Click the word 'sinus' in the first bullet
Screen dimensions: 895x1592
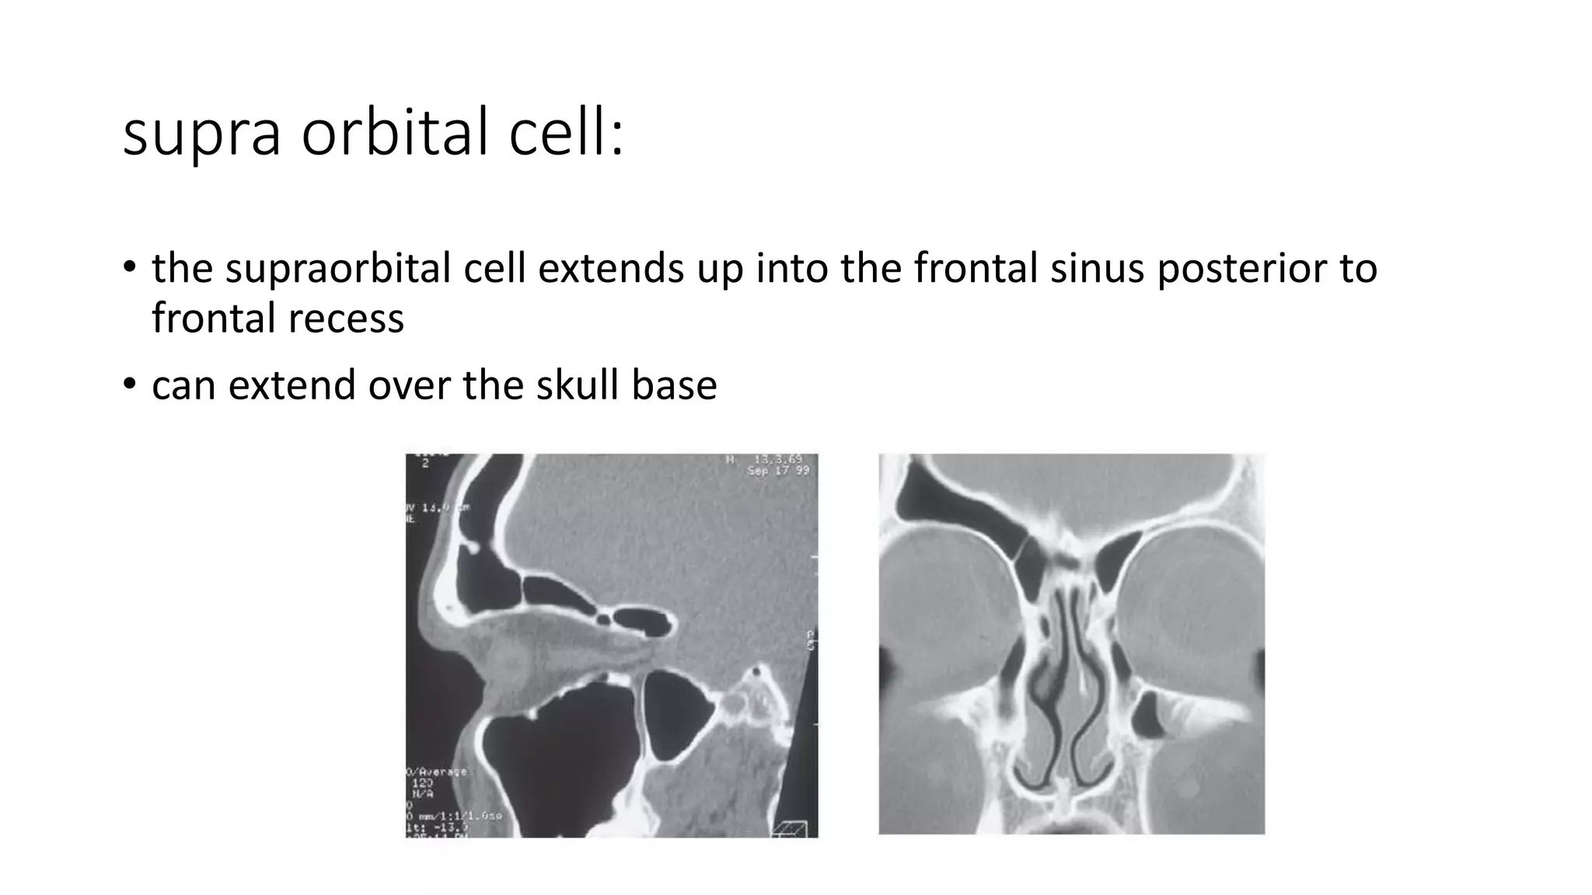1097,269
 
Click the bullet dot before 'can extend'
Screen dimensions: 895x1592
130,384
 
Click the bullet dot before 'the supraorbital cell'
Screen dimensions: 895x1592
130,267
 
